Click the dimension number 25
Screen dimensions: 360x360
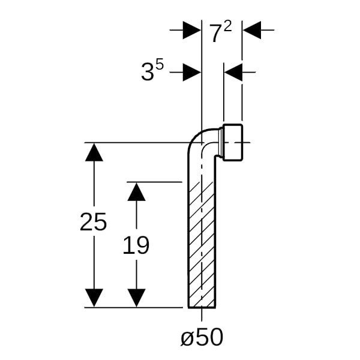coord(93,223)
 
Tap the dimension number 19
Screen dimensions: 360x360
coord(136,245)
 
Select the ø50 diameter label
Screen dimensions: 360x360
coord(202,338)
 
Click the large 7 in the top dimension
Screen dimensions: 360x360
coord(216,34)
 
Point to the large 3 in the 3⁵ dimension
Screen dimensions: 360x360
coord(147,73)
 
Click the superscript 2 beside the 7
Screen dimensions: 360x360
coord(227,26)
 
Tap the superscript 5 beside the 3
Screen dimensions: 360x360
coord(160,65)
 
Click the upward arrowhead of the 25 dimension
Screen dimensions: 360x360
coord(94,152)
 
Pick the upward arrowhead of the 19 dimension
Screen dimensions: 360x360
coord(137,191)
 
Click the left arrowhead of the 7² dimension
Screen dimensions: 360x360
coord(191,29)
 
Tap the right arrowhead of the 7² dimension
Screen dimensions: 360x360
coord(253,29)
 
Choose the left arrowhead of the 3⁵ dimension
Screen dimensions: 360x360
coord(191,73)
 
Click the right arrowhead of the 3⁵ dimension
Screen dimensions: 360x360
coord(233,73)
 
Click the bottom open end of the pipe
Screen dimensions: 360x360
coord(202,306)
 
